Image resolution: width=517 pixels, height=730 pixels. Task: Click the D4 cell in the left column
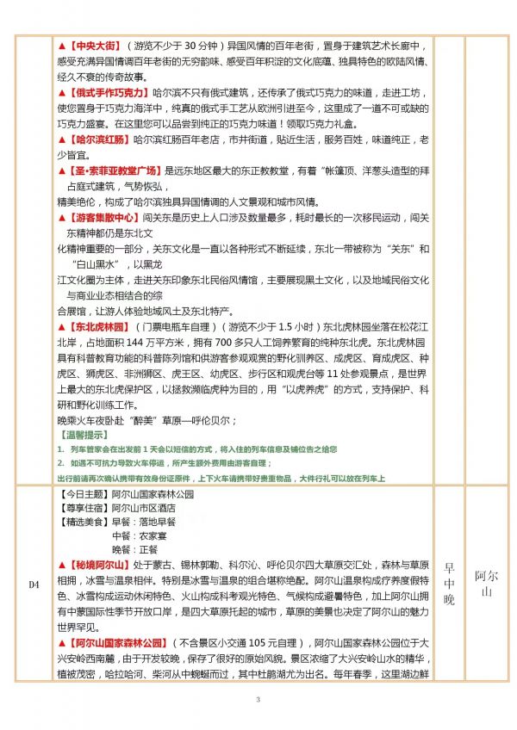(34, 585)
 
